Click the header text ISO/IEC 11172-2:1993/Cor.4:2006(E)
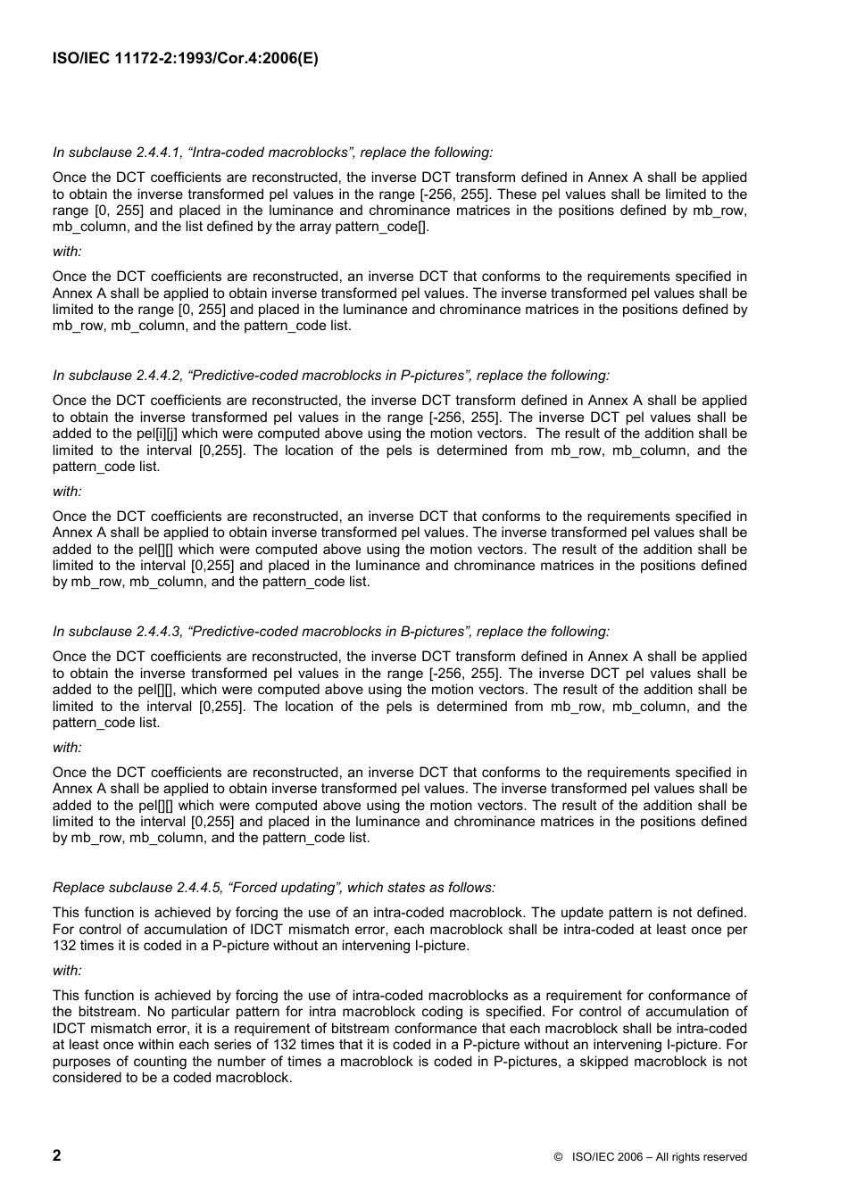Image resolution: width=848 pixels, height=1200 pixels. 186,59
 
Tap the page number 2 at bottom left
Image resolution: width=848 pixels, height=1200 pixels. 57,1155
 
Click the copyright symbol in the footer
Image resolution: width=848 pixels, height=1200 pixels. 558,1157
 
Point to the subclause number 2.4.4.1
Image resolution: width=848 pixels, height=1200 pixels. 159,153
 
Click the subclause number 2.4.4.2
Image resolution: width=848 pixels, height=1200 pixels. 159,376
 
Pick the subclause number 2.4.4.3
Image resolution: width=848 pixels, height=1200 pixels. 159,632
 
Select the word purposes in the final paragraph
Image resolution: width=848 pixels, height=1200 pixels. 81,1062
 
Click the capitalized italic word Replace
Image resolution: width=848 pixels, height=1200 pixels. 79,888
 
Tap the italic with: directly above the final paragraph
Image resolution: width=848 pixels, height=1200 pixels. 67,971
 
